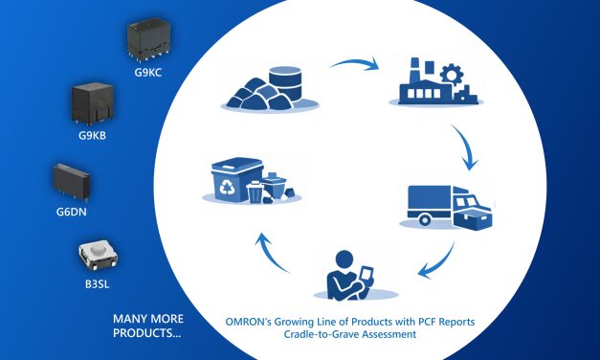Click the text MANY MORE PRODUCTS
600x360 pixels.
click(149, 326)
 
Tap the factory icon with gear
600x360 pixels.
click(429, 84)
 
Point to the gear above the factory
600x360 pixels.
click(455, 69)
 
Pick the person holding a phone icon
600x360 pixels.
click(348, 274)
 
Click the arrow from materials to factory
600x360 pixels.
click(354, 68)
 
